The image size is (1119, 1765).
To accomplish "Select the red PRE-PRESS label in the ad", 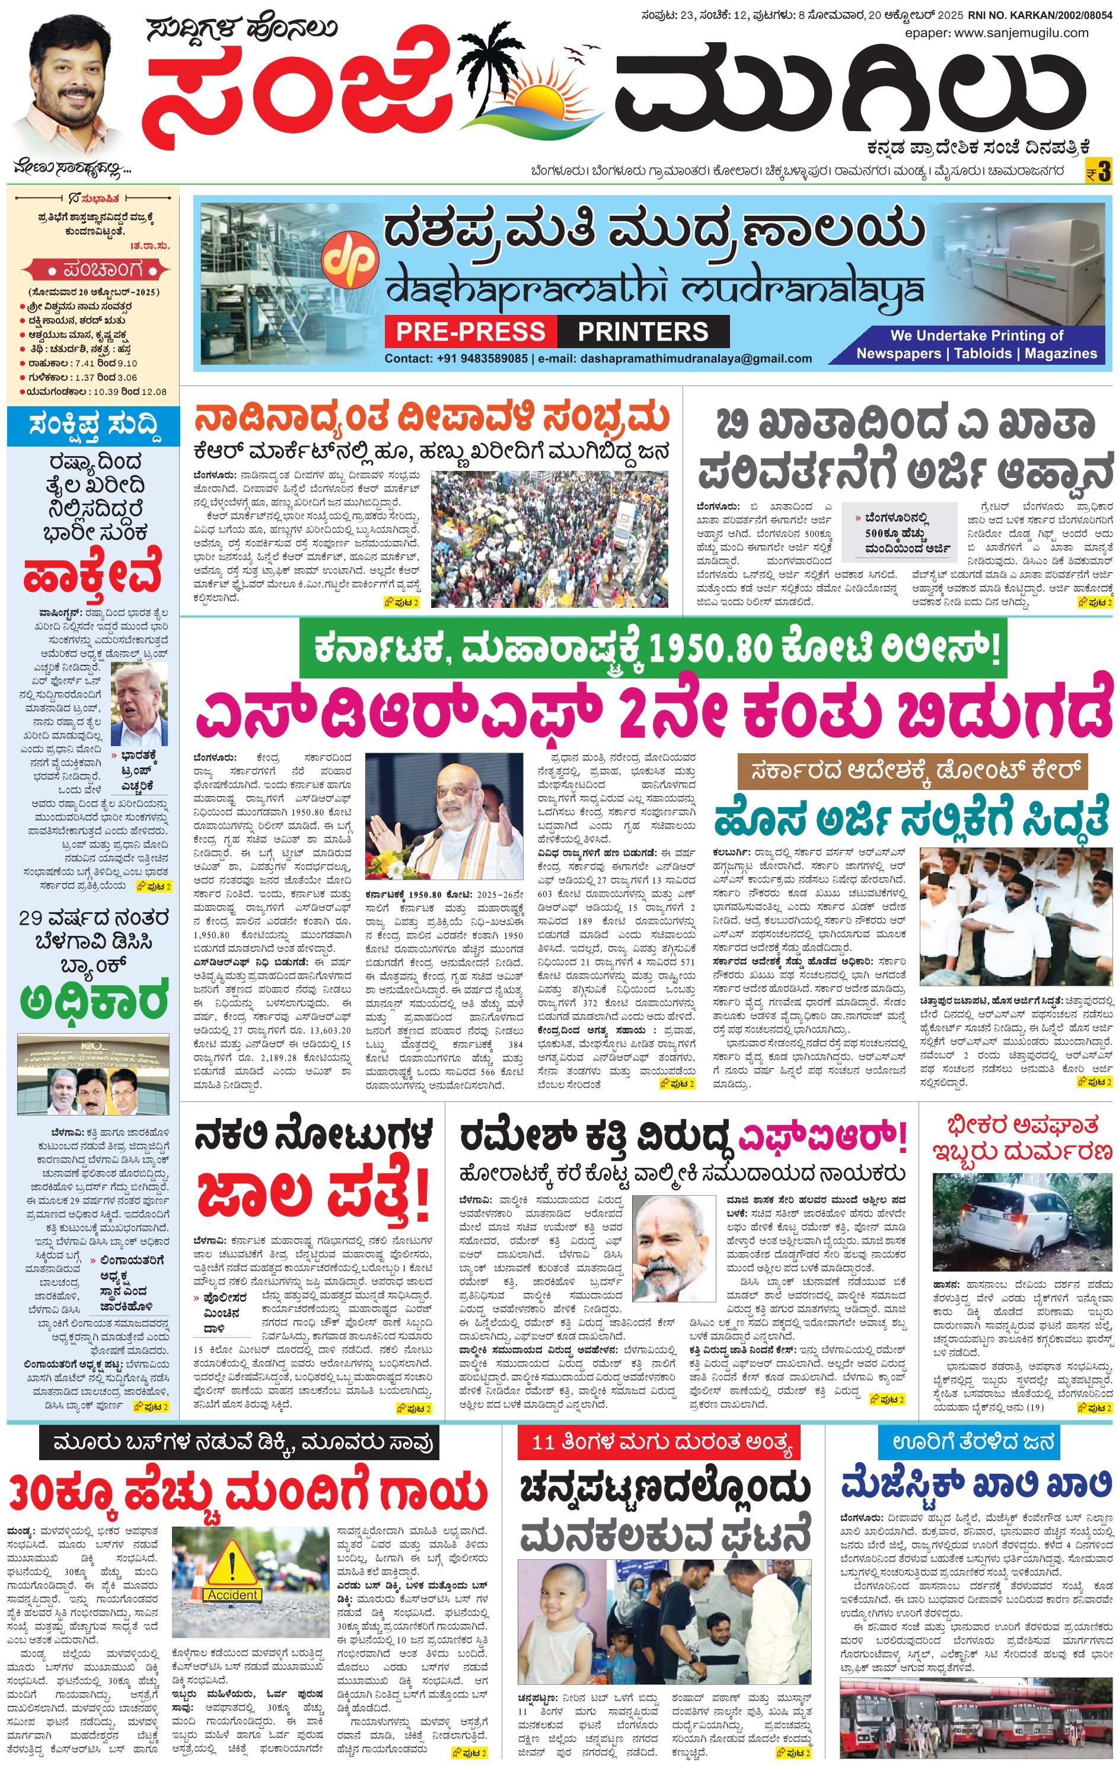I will tap(470, 332).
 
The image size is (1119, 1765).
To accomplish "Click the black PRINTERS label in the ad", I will tap(643, 332).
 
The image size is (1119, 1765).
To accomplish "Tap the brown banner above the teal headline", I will tap(911, 771).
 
